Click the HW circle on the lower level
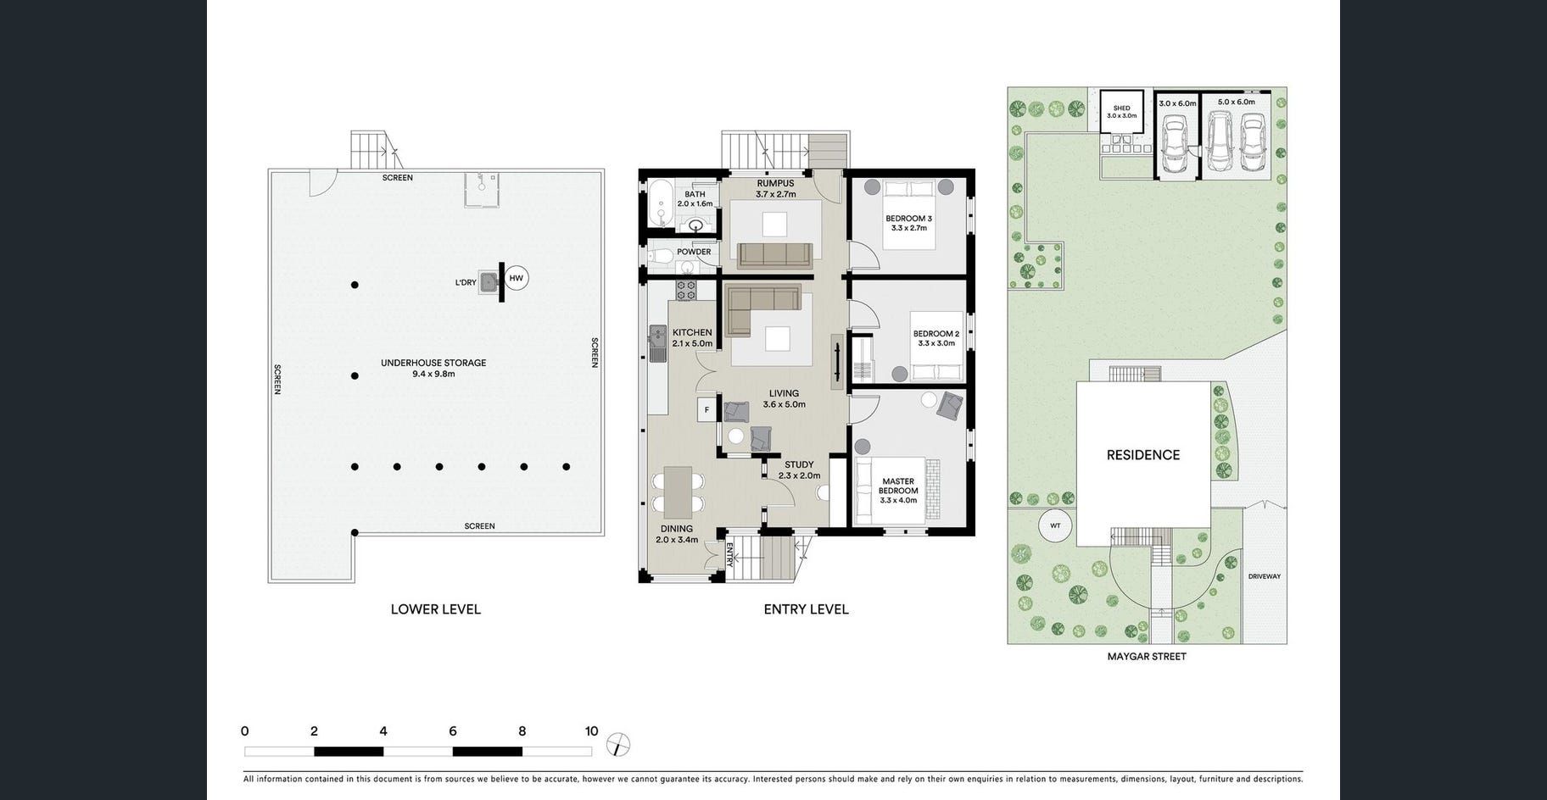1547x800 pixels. [x=516, y=278]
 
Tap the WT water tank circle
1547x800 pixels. [x=1055, y=525]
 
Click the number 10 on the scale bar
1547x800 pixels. [x=591, y=731]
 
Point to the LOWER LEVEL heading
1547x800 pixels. [x=436, y=609]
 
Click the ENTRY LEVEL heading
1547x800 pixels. [x=806, y=609]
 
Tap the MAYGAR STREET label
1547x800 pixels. [x=1147, y=656]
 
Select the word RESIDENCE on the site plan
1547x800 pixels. [x=1143, y=455]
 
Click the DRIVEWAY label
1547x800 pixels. [x=1265, y=576]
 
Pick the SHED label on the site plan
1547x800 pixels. [x=1121, y=108]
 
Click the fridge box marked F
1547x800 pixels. [x=706, y=410]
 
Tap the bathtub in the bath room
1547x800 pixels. [x=658, y=203]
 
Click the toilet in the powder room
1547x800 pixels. [x=661, y=254]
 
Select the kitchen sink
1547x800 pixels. [x=658, y=343]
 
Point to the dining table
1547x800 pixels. [x=678, y=492]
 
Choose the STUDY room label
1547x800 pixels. [x=799, y=464]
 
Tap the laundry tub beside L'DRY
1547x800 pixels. [x=489, y=282]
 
